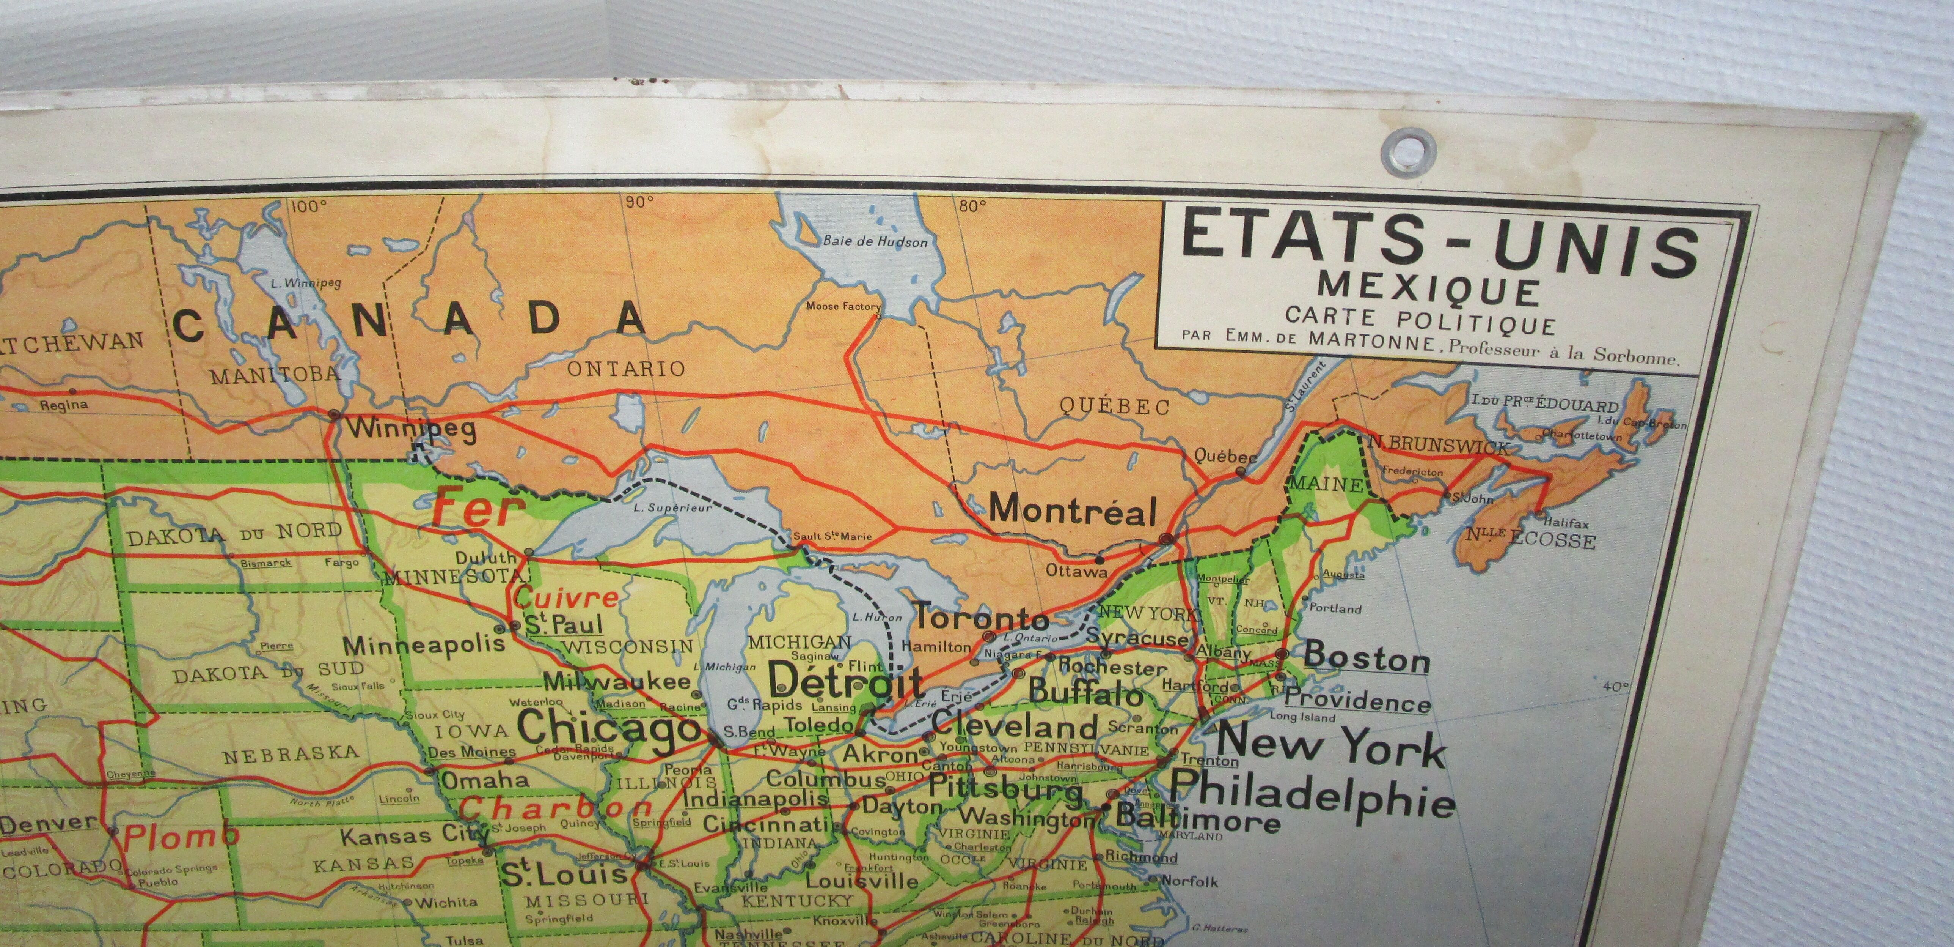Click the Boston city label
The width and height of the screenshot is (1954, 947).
point(1366,657)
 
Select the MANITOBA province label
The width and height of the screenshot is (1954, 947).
point(275,373)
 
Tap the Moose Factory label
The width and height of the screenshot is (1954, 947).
point(843,307)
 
